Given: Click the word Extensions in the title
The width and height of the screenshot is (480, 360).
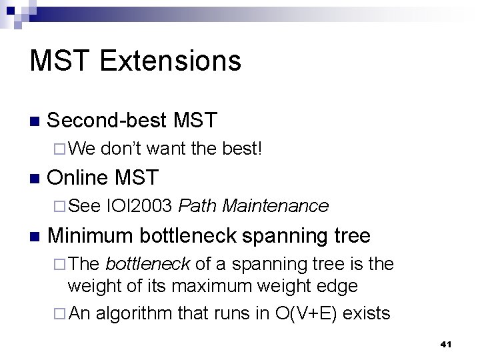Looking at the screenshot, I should point(171,61).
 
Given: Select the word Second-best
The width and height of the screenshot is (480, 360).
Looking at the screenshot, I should point(107,121).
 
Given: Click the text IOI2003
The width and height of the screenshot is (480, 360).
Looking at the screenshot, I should point(140,206).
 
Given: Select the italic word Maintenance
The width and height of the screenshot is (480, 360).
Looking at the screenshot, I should point(275,206).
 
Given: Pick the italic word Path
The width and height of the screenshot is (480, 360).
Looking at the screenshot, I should point(198,206).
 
